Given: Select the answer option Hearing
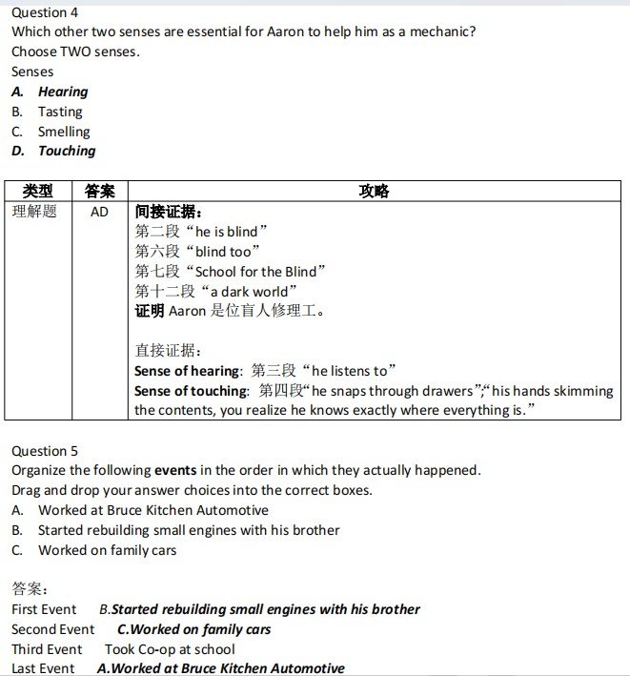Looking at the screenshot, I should [63, 92].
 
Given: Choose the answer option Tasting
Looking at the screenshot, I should [60, 112].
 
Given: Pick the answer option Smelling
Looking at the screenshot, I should [64, 132].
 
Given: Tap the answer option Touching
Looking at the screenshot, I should [67, 151].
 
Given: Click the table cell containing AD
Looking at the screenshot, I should [100, 212].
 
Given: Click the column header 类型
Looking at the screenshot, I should [38, 192].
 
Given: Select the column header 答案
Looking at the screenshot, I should [100, 192].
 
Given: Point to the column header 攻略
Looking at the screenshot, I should [374, 192].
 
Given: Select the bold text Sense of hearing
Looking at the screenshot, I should [187, 371].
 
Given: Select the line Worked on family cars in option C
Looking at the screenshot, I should [107, 550].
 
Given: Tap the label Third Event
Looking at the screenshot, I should [47, 649].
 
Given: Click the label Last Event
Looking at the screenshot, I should [43, 668].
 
